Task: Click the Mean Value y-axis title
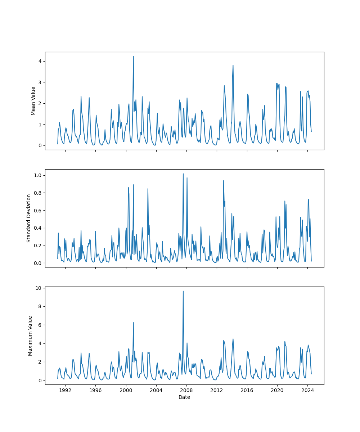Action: (33, 101)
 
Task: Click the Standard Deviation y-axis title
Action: (29, 218)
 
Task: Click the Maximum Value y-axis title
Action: (30, 336)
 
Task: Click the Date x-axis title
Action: (184, 397)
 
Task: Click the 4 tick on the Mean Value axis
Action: (40, 61)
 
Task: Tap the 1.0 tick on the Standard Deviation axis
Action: (38, 175)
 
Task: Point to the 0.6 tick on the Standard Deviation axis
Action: (38, 211)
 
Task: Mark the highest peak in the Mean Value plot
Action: (133, 56)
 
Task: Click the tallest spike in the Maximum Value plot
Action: (183, 291)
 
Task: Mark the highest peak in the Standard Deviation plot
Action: (183, 174)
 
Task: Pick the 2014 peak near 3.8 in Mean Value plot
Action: (233, 66)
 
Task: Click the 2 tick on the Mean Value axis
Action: (40, 103)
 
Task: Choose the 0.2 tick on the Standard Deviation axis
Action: (38, 246)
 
